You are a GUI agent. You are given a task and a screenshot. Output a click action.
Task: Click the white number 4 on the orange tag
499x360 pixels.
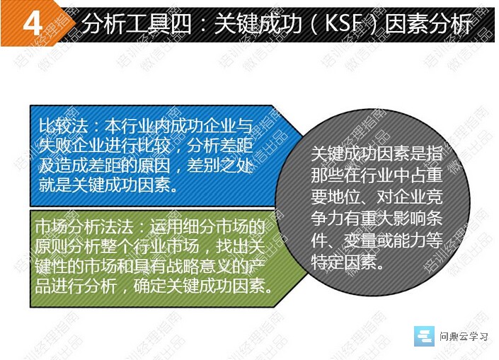click(33, 24)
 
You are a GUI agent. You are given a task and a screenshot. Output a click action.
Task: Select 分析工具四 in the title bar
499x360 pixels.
click(137, 24)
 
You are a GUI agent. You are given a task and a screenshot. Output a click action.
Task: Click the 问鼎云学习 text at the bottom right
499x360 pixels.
click(464, 336)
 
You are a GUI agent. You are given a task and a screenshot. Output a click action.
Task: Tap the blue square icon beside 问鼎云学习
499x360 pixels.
click(424, 336)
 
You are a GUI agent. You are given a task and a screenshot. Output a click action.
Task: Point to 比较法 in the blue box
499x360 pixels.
click(63, 126)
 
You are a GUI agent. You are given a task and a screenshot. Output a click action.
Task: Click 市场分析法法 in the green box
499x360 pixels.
click(84, 227)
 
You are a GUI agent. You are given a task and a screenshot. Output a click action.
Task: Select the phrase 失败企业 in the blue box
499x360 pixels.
click(71, 146)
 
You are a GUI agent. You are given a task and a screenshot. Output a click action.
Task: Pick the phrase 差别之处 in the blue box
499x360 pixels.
click(220, 166)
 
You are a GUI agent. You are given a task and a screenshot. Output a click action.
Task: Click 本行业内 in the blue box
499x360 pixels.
click(137, 126)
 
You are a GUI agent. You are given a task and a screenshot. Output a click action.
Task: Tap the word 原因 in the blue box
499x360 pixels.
click(154, 166)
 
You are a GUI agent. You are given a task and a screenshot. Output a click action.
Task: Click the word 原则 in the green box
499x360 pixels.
click(51, 247)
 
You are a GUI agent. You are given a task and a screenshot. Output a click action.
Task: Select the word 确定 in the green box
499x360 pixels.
click(149, 286)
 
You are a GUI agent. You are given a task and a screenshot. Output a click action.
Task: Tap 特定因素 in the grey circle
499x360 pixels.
click(344, 262)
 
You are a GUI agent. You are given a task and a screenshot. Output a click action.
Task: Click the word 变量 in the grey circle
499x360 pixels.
click(360, 240)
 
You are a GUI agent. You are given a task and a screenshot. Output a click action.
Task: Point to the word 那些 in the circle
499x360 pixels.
click(328, 175)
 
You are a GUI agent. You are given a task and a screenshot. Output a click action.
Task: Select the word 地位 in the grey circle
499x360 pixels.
click(344, 197)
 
